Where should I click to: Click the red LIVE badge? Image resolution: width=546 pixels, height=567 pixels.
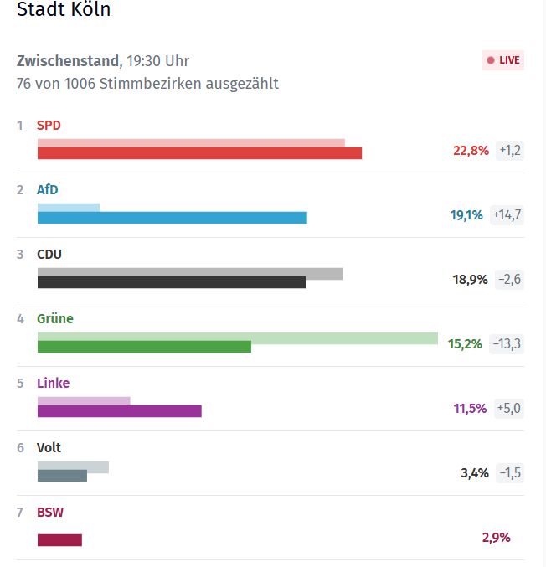(x=503, y=60)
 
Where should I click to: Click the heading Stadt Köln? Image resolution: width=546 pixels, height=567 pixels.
(x=64, y=11)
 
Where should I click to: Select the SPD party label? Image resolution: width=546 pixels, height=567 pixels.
(x=49, y=126)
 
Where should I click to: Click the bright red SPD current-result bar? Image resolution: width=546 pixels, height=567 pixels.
(x=199, y=153)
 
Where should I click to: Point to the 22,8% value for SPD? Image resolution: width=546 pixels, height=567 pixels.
(x=471, y=151)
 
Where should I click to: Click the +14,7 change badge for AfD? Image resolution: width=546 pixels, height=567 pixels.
(x=507, y=215)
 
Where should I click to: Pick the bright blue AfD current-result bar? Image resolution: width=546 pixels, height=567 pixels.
(x=172, y=218)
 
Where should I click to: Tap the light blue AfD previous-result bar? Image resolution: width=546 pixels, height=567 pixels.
(x=69, y=207)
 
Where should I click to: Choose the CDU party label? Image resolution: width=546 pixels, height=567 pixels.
(x=49, y=255)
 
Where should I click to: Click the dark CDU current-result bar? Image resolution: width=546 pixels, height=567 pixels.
(x=172, y=282)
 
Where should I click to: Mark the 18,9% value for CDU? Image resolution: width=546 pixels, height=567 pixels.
(x=471, y=280)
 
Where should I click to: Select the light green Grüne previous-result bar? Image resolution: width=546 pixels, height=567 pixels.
(x=343, y=338)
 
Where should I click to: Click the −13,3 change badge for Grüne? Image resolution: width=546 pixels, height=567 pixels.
(x=507, y=344)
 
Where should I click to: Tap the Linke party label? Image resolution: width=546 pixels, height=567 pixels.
(x=53, y=384)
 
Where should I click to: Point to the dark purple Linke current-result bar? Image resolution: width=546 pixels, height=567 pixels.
(x=119, y=411)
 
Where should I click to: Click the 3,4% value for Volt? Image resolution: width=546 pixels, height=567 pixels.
(x=475, y=473)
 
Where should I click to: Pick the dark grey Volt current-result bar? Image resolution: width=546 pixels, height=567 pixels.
(x=62, y=476)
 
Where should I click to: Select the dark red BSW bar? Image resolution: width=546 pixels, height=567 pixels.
(x=59, y=540)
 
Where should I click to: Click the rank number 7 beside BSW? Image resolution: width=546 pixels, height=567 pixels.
(x=20, y=513)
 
